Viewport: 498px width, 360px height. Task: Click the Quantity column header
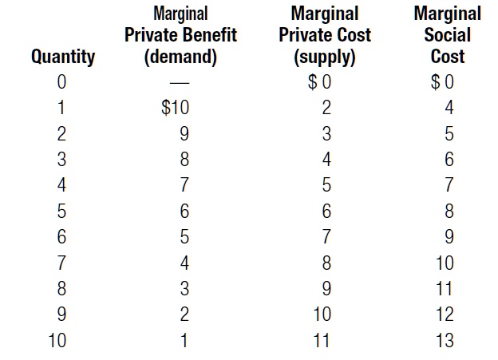click(x=62, y=57)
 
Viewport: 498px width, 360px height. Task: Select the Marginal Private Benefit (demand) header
click(x=180, y=35)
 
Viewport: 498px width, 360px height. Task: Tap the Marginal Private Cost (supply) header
click(x=325, y=35)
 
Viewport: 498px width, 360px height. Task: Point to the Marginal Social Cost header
click(x=447, y=35)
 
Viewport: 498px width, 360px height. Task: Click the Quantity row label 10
click(x=57, y=341)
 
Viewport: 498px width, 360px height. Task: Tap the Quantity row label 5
click(x=62, y=211)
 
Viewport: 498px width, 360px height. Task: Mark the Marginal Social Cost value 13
click(x=445, y=341)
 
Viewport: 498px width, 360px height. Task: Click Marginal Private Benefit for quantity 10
click(x=184, y=341)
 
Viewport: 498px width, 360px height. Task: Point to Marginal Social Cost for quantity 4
click(x=449, y=185)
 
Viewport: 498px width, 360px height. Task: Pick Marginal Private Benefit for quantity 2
click(x=184, y=133)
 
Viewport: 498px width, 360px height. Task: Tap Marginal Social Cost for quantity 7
click(x=445, y=263)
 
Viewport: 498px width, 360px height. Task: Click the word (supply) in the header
click(x=325, y=57)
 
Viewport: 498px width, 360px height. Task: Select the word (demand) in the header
click(x=180, y=57)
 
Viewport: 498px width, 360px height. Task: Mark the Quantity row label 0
click(x=62, y=82)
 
